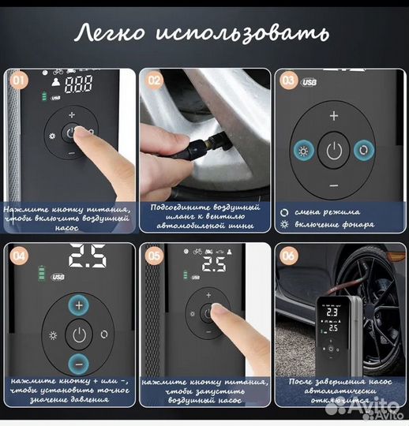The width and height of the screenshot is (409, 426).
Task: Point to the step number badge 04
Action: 17,254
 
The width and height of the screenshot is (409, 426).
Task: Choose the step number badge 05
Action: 152,254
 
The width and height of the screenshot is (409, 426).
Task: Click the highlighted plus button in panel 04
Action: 78,305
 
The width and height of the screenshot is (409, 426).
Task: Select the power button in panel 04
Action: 78,334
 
